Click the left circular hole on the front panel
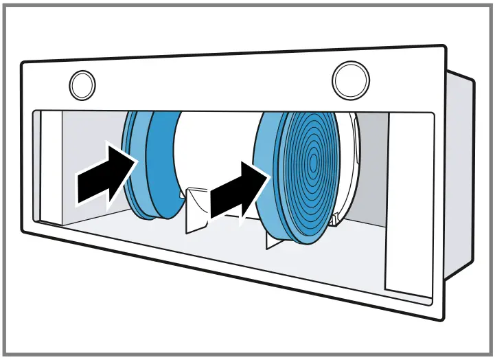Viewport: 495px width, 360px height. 82,85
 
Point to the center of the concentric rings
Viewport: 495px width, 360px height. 313,164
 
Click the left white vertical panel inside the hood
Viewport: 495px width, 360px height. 48,165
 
